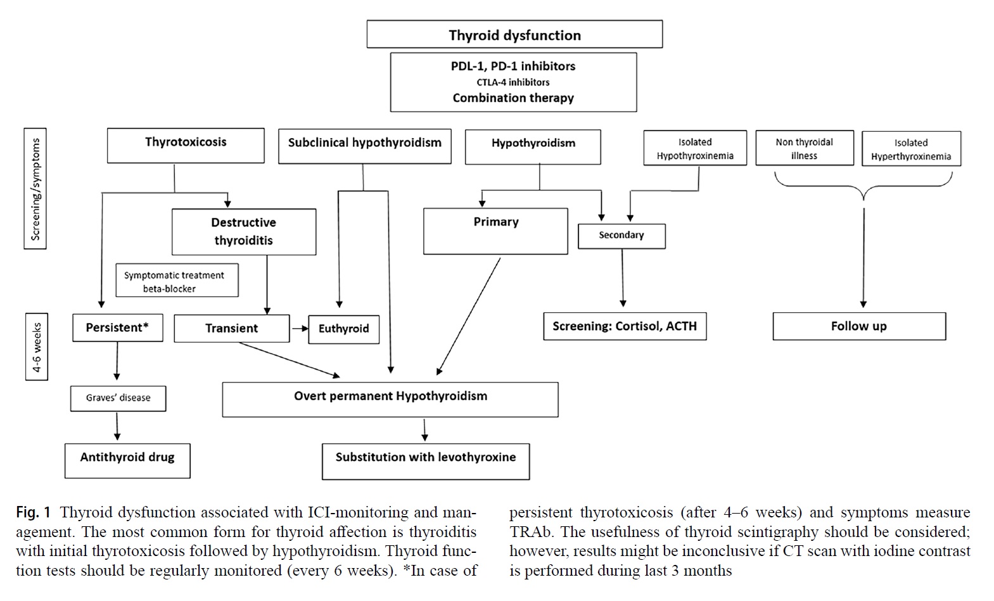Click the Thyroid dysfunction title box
(x=514, y=34)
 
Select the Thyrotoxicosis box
(x=186, y=146)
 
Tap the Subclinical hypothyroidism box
(x=365, y=146)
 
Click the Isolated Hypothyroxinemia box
(x=695, y=148)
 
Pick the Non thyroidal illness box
(x=805, y=148)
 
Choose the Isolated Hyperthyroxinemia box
(x=911, y=149)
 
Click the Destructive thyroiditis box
(x=244, y=232)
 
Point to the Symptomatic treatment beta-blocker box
(x=177, y=281)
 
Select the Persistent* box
(x=118, y=328)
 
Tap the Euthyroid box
(x=344, y=329)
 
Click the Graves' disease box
(x=118, y=398)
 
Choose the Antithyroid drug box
(x=127, y=461)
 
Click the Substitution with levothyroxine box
(x=426, y=461)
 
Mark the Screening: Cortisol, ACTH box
(x=625, y=326)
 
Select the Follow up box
(x=859, y=326)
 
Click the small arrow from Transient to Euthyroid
(x=300, y=329)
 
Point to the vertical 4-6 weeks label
(x=36, y=347)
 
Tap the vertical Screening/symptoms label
(x=35, y=189)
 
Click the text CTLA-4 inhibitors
(x=513, y=82)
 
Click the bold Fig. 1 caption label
(x=34, y=513)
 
